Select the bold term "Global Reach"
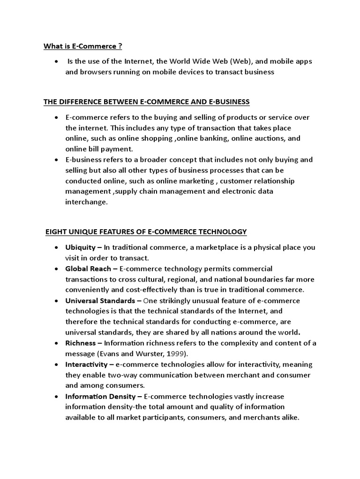[88, 269]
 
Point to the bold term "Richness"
[80, 343]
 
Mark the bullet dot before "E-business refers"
[56, 160]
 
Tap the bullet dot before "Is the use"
[56, 61]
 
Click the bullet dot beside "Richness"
[56, 343]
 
